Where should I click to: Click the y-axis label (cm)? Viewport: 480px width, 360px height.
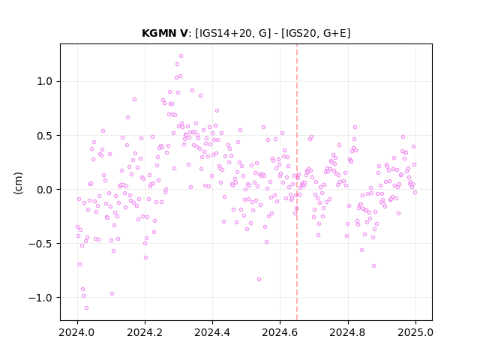click(x=18, y=183)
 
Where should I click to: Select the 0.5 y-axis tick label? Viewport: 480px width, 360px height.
click(x=45, y=136)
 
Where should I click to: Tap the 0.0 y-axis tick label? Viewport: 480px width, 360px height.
click(x=45, y=190)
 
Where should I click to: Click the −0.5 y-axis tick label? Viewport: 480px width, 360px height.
click(x=41, y=244)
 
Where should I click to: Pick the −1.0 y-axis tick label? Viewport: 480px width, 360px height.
click(x=41, y=298)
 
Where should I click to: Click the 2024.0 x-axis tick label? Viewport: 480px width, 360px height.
click(x=77, y=332)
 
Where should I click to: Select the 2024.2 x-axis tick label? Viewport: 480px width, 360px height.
click(x=145, y=332)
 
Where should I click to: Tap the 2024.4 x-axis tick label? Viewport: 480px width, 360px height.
click(x=212, y=332)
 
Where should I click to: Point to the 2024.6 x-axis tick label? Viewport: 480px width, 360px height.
click(x=280, y=332)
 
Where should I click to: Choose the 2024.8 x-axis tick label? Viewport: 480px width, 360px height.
click(x=348, y=332)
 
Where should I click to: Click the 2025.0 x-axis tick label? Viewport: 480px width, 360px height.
click(x=415, y=332)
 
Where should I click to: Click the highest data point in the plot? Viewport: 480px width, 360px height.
click(x=181, y=56)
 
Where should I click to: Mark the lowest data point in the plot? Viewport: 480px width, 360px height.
click(x=87, y=308)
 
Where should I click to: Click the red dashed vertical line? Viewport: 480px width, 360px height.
click(x=297, y=182)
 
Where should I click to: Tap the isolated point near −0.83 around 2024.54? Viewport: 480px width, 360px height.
click(x=259, y=280)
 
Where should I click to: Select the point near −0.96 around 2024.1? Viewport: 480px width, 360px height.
click(x=112, y=294)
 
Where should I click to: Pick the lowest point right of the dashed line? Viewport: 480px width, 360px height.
click(x=373, y=266)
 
